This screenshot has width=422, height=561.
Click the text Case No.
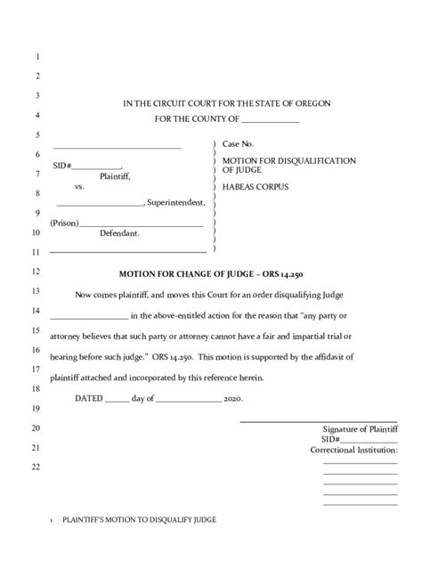238,143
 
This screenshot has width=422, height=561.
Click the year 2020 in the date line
233,398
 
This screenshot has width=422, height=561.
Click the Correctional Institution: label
353,450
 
